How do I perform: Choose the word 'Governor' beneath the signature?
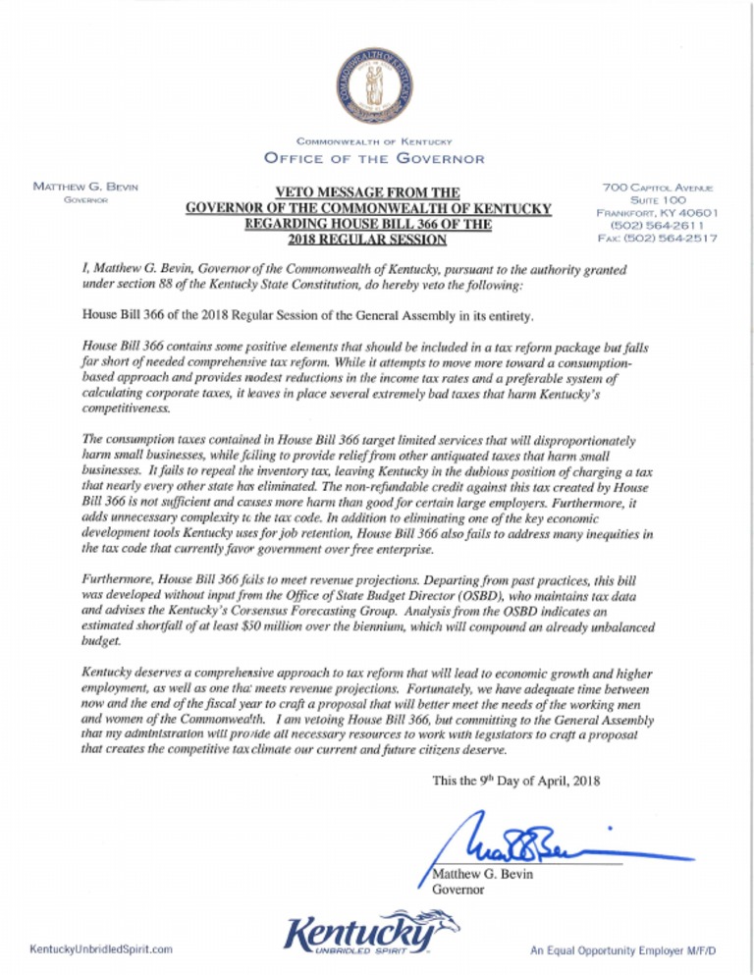459,890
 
